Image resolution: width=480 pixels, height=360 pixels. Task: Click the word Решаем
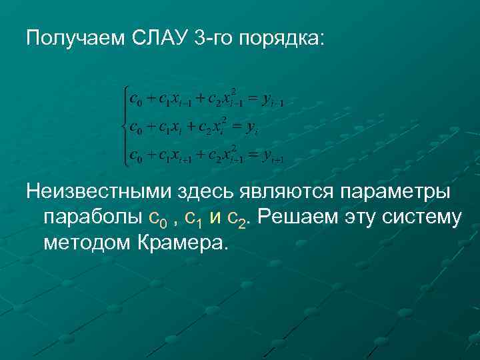coord(297,217)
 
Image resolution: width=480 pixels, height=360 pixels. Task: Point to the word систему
coord(419,217)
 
